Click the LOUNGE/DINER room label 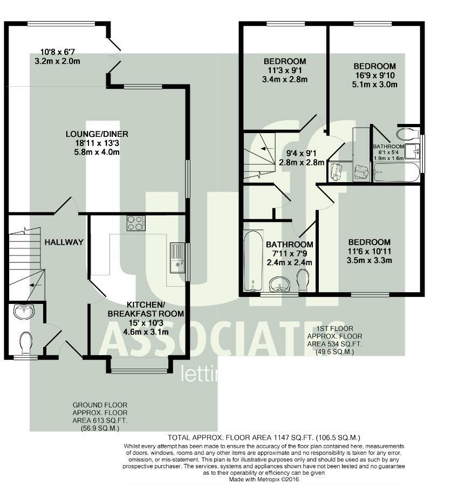(x=97, y=134)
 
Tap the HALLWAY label (x=64, y=242)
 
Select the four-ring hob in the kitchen (x=136, y=223)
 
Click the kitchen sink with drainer (x=177, y=258)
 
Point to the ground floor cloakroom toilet (x=25, y=343)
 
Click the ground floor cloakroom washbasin (x=24, y=311)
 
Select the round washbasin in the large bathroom (x=279, y=285)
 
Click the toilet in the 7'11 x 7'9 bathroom (x=303, y=280)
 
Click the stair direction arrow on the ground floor (x=36, y=285)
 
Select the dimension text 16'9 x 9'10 (x=375, y=75)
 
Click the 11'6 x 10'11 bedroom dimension (x=369, y=251)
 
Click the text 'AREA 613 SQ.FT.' (x=100, y=420)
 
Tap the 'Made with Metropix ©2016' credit (x=264, y=480)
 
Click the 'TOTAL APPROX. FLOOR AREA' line (x=264, y=438)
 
